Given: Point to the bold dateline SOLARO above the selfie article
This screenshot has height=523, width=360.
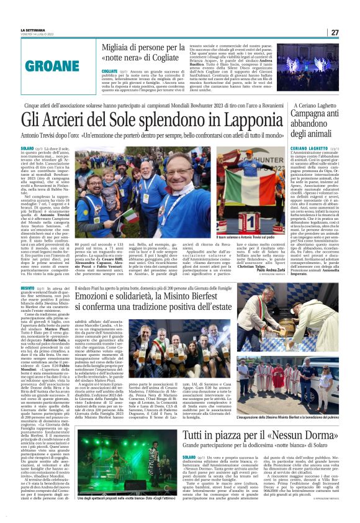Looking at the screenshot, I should (27, 150).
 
